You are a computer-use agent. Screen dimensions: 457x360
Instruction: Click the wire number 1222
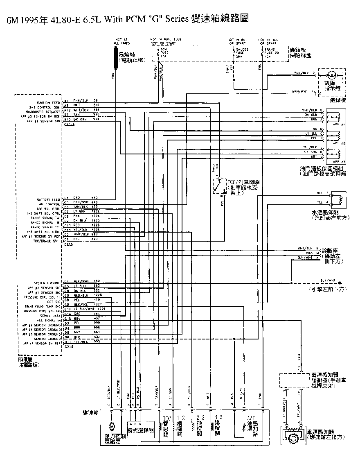[x=96, y=211]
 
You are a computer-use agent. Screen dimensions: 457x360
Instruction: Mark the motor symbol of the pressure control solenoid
[x=111, y=427]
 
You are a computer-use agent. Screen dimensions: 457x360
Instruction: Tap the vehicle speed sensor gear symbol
[x=293, y=439]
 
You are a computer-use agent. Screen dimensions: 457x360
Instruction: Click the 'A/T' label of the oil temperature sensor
[x=250, y=419]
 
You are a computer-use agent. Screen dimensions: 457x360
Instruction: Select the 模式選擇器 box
[x=140, y=430]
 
